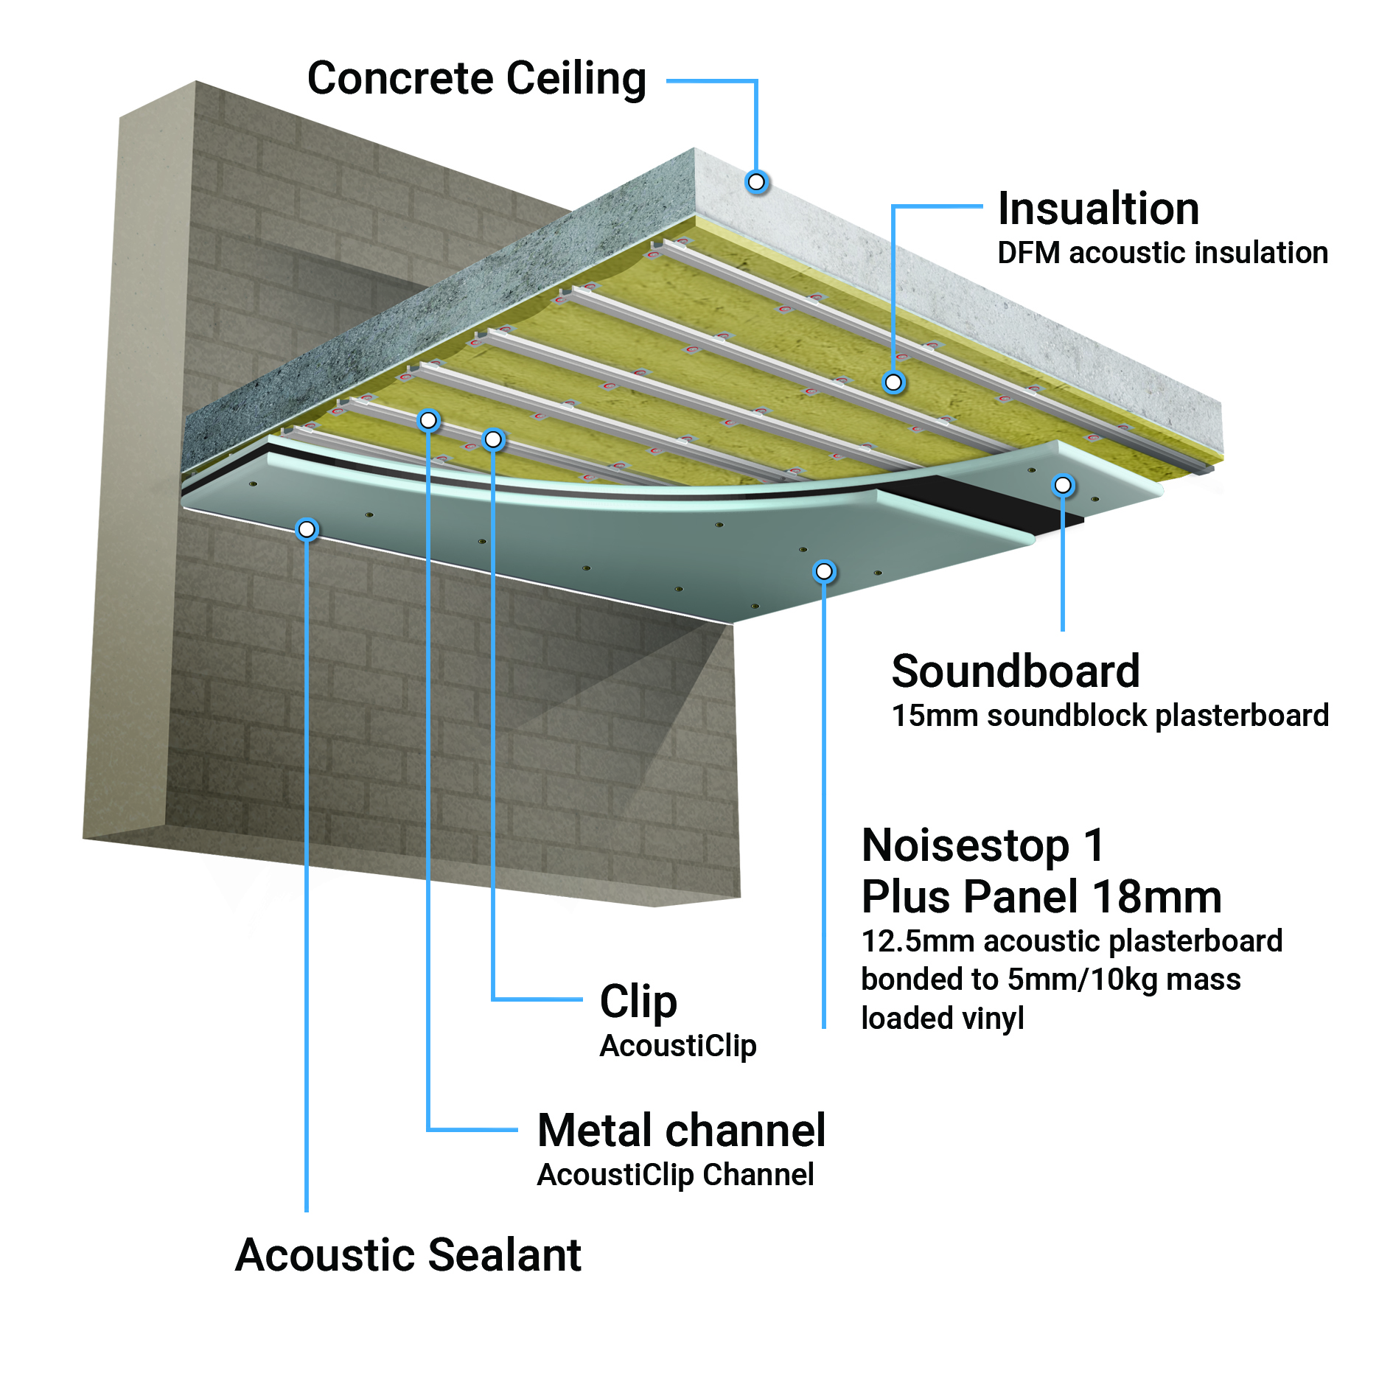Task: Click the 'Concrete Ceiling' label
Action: [477, 79]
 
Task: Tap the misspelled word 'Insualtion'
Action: [1098, 209]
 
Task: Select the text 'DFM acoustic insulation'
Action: [1162, 253]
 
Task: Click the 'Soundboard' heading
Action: [1016, 671]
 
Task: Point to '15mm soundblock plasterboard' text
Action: [1110, 716]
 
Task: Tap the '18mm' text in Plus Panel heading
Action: [1157, 897]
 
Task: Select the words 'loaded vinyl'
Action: [943, 1019]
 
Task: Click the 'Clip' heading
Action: [638, 1002]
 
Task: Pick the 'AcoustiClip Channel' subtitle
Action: [675, 1175]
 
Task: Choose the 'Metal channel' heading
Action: [682, 1131]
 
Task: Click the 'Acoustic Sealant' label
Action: [408, 1255]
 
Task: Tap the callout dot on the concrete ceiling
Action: [756, 181]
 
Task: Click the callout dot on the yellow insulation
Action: [893, 382]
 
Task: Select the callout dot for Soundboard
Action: [1063, 485]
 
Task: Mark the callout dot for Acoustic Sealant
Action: [307, 529]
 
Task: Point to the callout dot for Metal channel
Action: [428, 420]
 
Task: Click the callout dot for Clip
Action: [493, 440]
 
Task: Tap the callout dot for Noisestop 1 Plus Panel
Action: [824, 571]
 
